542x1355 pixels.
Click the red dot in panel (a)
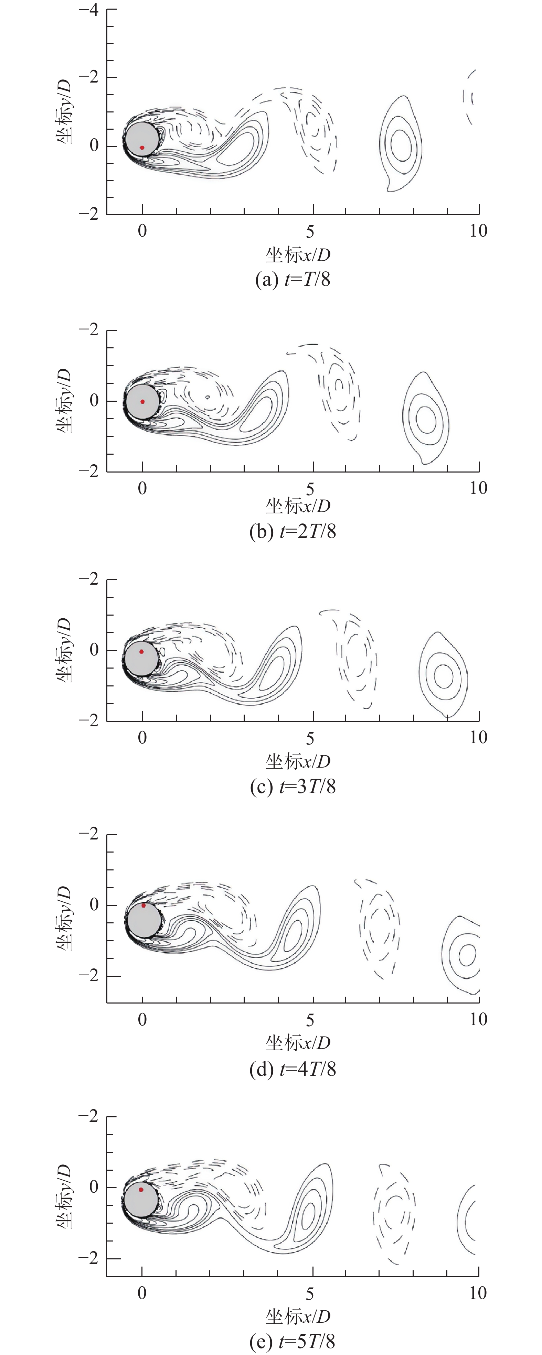(142, 148)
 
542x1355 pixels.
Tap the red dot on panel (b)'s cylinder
(142, 401)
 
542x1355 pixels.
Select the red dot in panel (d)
(144, 905)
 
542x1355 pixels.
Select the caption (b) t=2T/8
(293, 531)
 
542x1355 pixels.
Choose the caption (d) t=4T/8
(293, 1069)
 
